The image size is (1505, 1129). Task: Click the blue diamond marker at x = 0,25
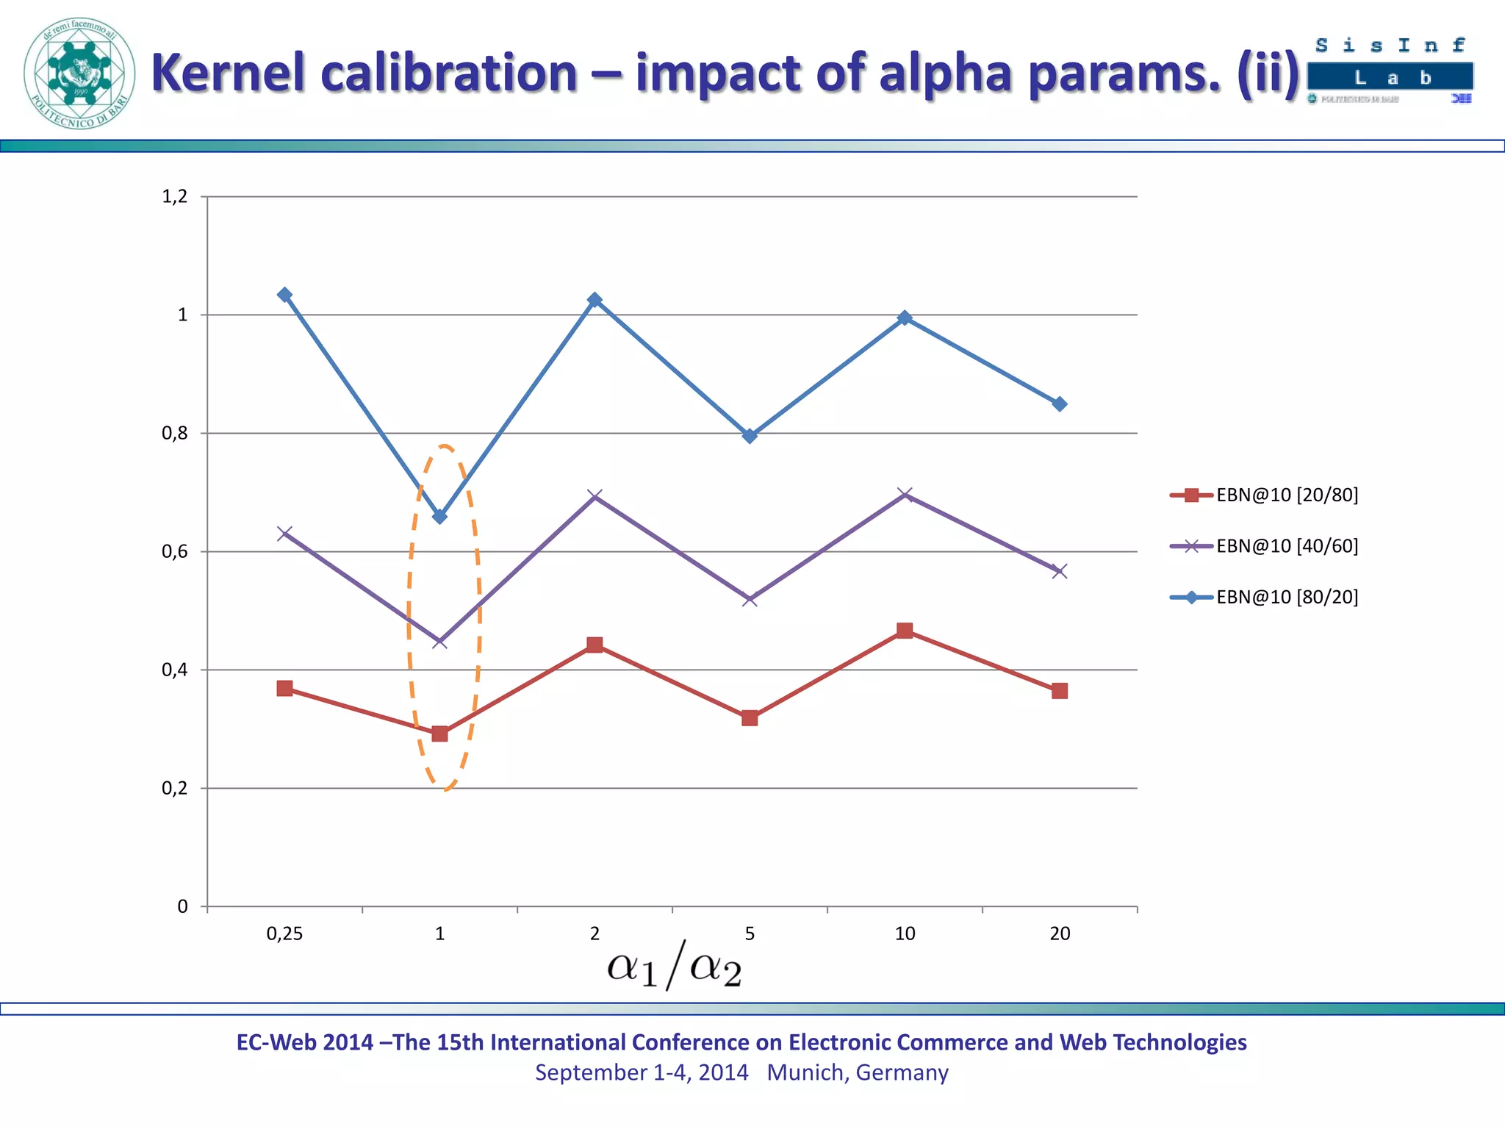point(285,295)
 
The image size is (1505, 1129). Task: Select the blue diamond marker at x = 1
point(440,517)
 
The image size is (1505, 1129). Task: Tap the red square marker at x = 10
point(905,631)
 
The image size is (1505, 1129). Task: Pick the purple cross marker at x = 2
point(595,496)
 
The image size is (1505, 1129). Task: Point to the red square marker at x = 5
point(750,718)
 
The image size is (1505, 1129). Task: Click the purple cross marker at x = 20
point(1060,571)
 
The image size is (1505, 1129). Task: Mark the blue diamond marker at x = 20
point(1060,404)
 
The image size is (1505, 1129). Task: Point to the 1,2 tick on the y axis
point(175,196)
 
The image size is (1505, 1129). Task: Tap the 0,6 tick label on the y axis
point(175,551)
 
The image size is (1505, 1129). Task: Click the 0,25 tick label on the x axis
point(284,933)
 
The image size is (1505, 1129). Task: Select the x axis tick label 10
point(905,933)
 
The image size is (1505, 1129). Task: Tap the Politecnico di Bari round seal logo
point(79,74)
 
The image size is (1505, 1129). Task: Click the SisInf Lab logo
point(1390,70)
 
